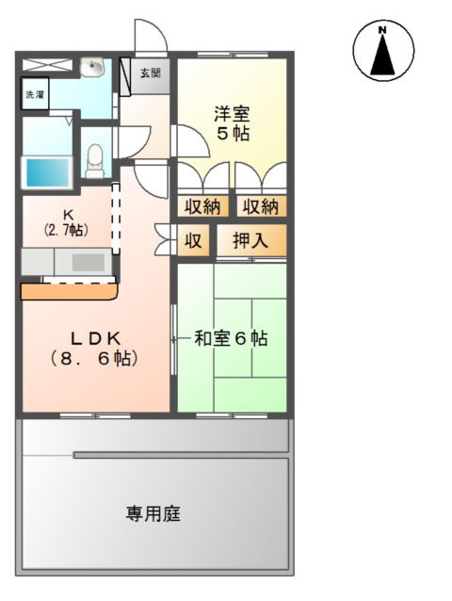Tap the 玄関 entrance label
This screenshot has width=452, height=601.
tap(151, 73)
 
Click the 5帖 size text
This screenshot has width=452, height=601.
tap(232, 134)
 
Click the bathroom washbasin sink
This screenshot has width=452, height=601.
tap(93, 69)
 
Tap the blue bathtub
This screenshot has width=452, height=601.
tap(47, 172)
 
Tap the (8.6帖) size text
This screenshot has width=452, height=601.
tap(94, 358)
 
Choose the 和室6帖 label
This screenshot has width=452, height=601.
tap(231, 337)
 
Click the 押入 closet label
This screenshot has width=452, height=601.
tap(250, 241)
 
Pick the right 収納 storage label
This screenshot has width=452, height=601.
tap(260, 206)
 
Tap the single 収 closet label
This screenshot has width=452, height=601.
tap(193, 241)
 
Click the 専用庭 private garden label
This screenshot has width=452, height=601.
tap(153, 514)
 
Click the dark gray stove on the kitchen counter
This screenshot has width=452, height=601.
tap(89, 262)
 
